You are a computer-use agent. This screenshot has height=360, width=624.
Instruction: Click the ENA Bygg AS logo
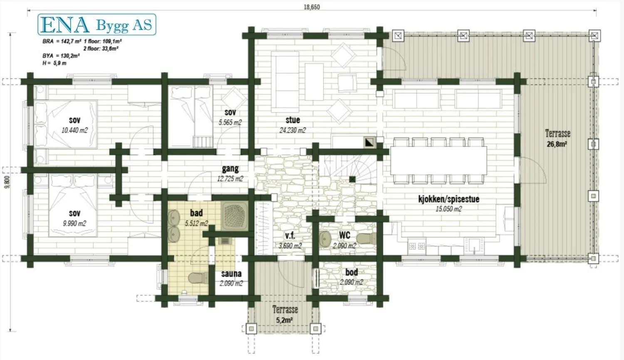pos(97,25)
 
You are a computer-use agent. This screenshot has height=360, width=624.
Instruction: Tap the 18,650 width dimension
pos(312,7)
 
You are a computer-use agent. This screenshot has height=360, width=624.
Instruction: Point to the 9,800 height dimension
pos(7,182)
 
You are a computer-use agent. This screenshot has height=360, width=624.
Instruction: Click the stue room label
pos(293,120)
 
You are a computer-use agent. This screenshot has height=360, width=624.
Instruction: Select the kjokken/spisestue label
pos(449,199)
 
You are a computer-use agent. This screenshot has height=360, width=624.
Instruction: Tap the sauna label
pos(231,273)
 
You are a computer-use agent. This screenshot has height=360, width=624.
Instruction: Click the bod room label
pos(352,272)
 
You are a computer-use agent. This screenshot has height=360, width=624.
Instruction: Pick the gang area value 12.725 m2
pos(230,179)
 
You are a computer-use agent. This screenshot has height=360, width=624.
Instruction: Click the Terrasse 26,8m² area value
pos(557,144)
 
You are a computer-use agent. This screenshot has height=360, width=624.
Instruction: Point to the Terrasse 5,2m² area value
pos(285,320)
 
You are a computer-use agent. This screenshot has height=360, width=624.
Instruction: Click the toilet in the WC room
pos(366,238)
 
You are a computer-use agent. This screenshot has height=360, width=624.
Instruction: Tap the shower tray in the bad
pos(235,216)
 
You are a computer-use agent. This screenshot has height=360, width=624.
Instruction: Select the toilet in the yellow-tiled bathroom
pos(198,278)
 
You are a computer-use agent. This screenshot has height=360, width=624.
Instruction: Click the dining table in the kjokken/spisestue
pos(438,161)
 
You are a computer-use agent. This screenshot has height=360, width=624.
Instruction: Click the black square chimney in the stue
pos(370,142)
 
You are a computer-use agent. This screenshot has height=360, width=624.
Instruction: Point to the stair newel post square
pos(352,179)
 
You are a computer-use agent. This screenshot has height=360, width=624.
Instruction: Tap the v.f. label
pos(290,236)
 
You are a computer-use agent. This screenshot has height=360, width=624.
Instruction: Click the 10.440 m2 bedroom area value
pos(74,130)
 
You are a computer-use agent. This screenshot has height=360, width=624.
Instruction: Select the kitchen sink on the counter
pos(474,246)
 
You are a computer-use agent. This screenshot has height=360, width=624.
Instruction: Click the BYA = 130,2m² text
pos(61,56)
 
